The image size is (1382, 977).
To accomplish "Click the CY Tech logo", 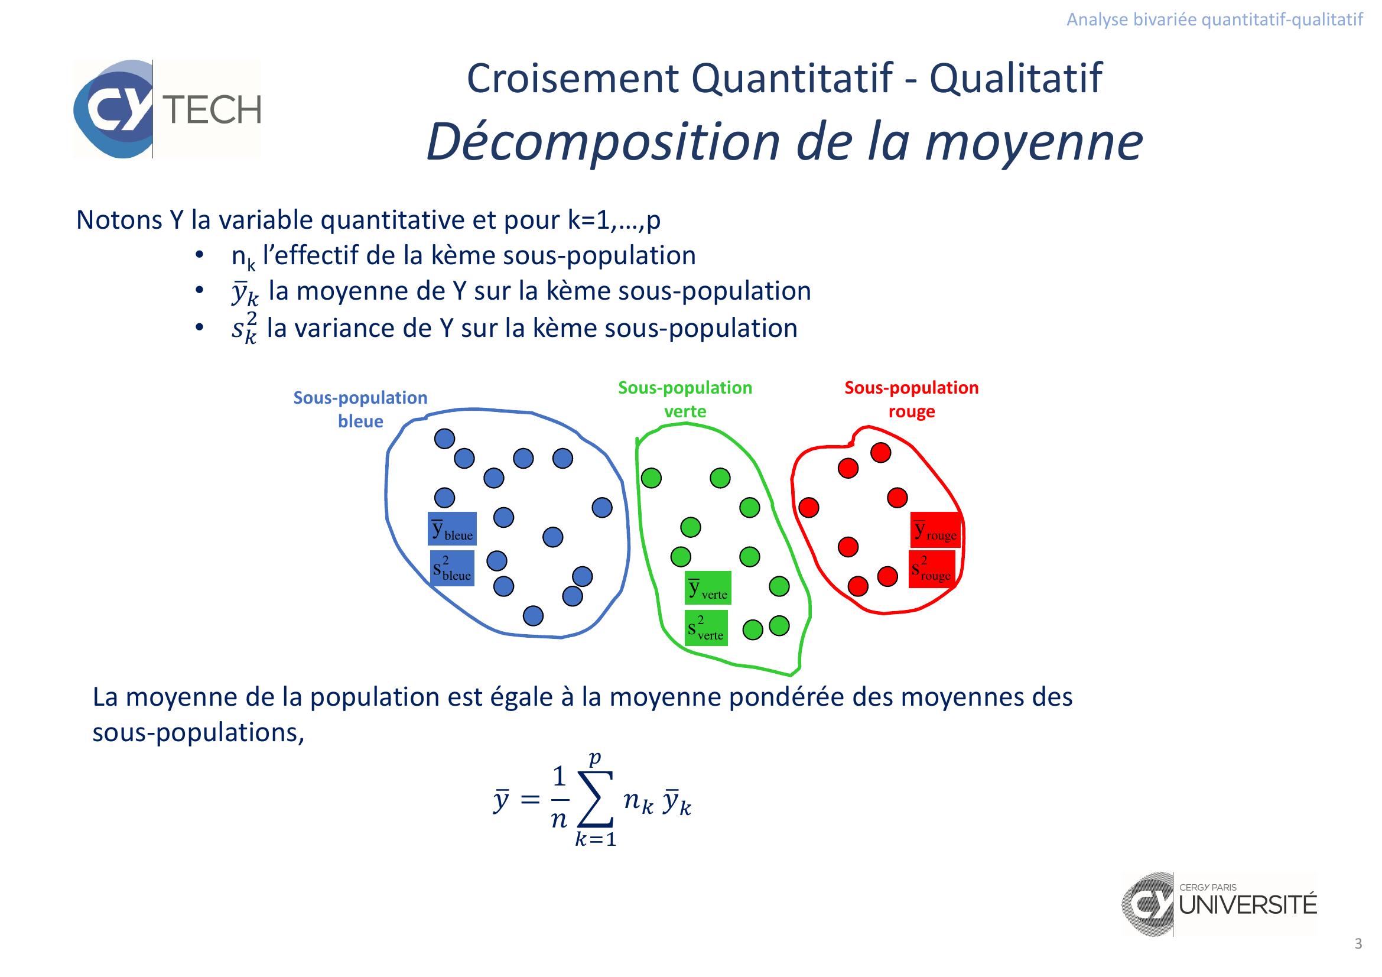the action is tap(167, 109).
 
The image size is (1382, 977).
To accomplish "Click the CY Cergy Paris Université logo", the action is tap(1220, 904).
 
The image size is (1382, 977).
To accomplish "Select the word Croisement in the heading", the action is tap(573, 78).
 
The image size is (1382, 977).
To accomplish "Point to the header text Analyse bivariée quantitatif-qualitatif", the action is tap(1215, 20).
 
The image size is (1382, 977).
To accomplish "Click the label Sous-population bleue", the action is tap(360, 410).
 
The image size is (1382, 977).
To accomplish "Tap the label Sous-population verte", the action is tap(685, 399).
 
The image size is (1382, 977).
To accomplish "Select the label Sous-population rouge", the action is tap(911, 399).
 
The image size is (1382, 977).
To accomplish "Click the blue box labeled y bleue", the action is tap(452, 528).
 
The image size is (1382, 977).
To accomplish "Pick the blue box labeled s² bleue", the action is tap(451, 568).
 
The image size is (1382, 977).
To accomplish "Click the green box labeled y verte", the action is tap(708, 588).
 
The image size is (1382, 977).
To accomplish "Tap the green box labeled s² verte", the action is tap(706, 628).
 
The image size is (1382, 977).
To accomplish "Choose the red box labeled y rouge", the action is tap(935, 529).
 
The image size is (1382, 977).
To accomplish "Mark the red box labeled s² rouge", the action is tap(932, 569).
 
